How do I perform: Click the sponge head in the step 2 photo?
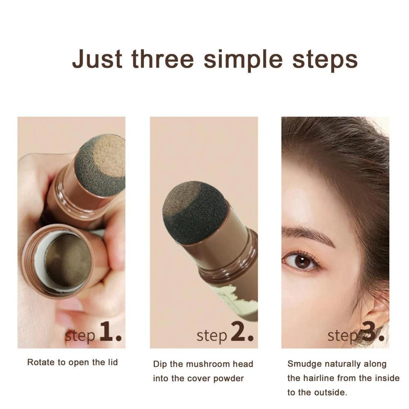pyautogui.click(x=195, y=212)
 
